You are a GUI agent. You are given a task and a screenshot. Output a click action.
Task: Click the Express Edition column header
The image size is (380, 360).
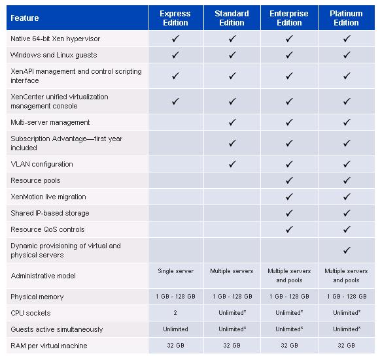[175, 18]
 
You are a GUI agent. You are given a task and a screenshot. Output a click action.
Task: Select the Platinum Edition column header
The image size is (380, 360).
[346, 18]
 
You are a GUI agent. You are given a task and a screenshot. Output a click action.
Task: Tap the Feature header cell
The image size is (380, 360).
[25, 18]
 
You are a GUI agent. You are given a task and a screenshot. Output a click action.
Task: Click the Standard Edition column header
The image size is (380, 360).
[232, 18]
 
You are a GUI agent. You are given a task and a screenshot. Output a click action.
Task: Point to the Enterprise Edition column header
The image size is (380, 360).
[289, 18]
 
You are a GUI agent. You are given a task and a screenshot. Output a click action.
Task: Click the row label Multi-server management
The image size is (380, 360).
[50, 122]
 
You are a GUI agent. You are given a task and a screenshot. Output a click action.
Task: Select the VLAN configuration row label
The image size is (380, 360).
[42, 164]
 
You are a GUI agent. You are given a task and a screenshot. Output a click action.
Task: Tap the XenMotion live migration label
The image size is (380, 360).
[48, 197]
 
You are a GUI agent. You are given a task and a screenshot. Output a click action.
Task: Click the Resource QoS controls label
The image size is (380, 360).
[48, 229]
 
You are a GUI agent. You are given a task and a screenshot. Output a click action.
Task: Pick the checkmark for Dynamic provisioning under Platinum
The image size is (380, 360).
[347, 250]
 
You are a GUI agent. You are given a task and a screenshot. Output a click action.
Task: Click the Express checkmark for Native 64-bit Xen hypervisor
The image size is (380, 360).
[175, 39]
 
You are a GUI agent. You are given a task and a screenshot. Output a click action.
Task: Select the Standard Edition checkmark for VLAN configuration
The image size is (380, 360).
[232, 164]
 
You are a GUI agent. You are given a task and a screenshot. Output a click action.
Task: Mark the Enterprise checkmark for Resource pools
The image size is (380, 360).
[289, 180]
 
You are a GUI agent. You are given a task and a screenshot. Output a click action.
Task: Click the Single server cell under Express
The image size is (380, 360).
[175, 271]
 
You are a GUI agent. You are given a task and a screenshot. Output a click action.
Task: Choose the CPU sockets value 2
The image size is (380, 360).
[175, 313]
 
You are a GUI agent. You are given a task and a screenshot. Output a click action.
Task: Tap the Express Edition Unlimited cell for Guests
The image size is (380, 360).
[175, 329]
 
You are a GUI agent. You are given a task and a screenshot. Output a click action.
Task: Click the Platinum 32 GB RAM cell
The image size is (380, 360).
[346, 345]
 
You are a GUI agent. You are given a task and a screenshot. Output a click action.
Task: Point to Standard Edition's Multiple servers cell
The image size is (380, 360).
[232, 271]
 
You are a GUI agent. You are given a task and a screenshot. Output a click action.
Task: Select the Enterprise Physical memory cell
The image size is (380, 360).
[289, 297]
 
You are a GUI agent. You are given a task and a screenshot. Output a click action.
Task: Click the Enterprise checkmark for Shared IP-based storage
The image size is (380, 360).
[289, 213]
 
